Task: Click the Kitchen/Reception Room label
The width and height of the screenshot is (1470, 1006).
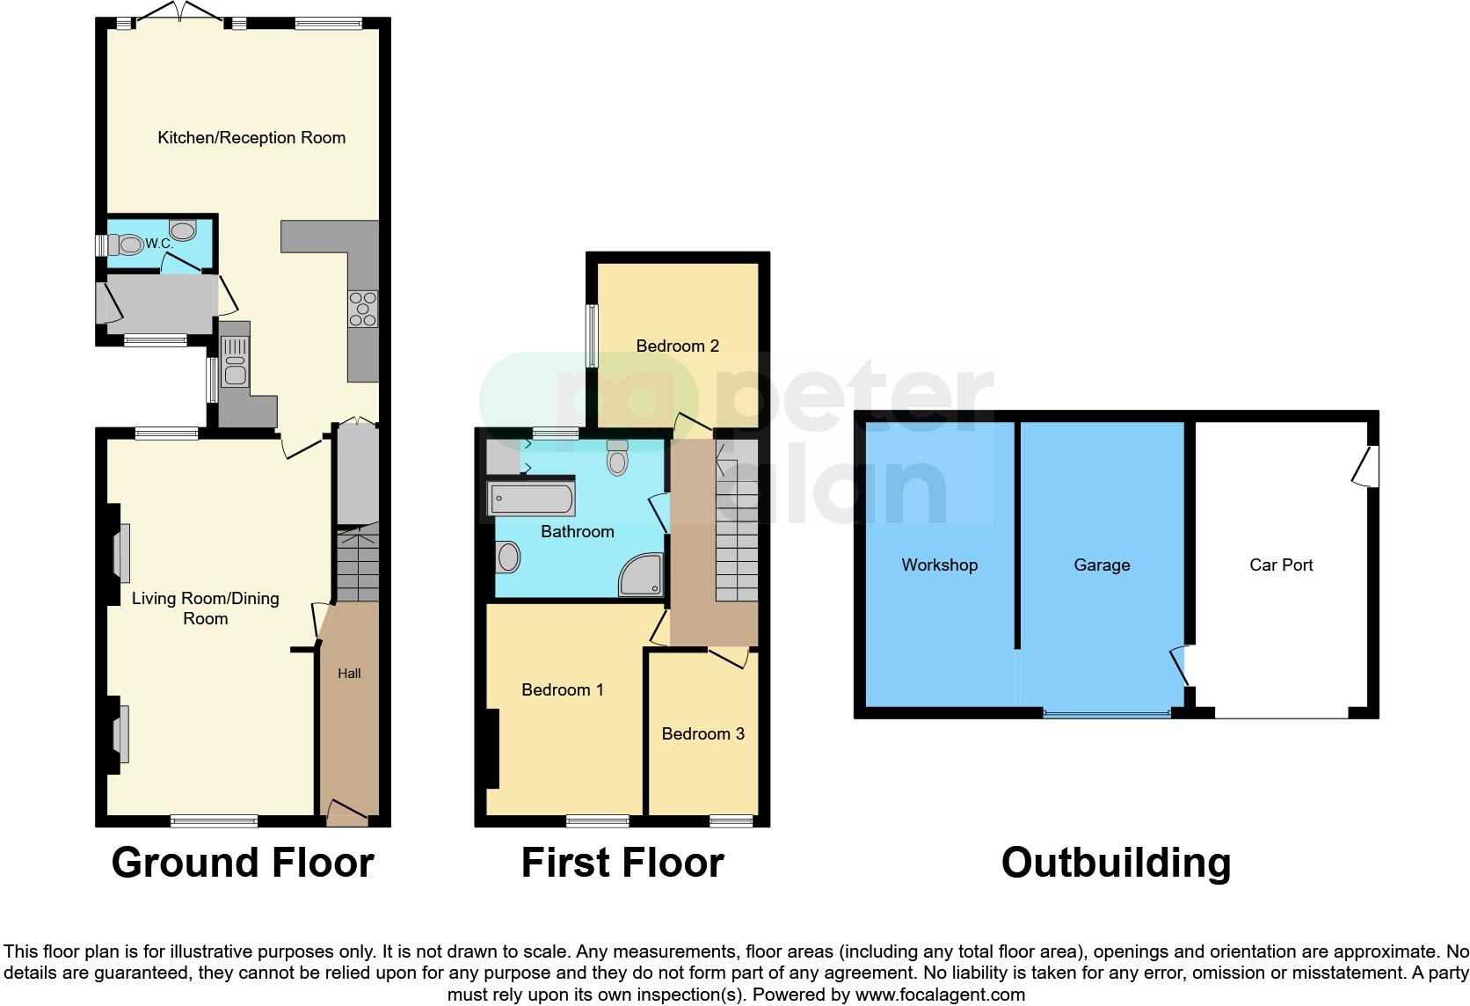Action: [x=251, y=137]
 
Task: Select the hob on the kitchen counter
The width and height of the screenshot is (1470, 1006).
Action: [x=363, y=308]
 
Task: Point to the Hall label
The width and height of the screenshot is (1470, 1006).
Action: [x=349, y=674]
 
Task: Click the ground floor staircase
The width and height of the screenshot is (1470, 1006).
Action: [x=357, y=563]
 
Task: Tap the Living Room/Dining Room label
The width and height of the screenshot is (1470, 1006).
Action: [x=205, y=608]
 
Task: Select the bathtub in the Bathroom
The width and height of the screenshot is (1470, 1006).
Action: [x=531, y=499]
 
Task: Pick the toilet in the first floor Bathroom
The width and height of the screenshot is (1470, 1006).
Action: [x=617, y=458]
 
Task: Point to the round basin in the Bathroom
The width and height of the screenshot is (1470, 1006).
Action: [x=509, y=557]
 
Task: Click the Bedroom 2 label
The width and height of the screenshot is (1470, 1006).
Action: [x=677, y=346]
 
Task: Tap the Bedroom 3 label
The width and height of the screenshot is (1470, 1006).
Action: [x=702, y=733]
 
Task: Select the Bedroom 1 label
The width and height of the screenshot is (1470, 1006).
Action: [x=562, y=689]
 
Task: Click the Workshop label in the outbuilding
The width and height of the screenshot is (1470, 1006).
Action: [x=939, y=565]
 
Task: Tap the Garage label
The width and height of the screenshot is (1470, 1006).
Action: [x=1101, y=565]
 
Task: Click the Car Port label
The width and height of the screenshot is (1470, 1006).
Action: [x=1280, y=565]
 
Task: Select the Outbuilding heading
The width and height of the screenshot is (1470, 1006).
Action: [x=1115, y=862]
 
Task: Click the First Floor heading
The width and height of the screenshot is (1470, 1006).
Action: [x=622, y=862]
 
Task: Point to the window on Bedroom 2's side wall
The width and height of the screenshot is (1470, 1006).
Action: [x=593, y=335]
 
